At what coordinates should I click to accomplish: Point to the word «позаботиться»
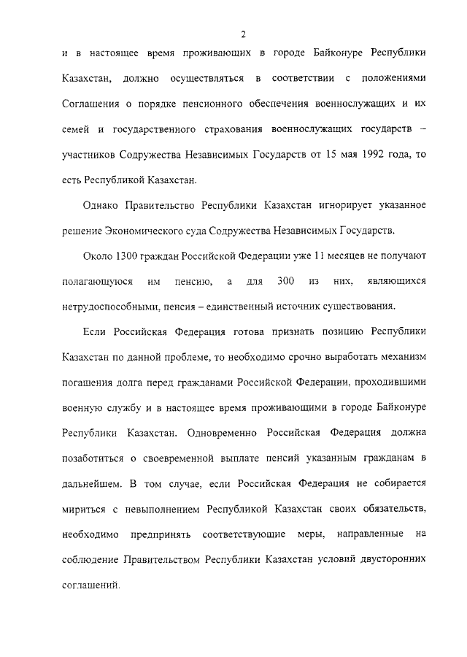96,458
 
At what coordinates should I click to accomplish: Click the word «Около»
96,255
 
